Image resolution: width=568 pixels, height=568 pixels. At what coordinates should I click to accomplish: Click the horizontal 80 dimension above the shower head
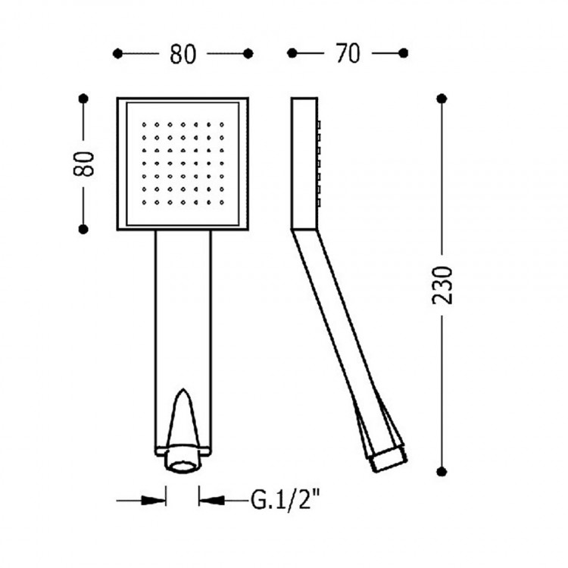click(x=183, y=55)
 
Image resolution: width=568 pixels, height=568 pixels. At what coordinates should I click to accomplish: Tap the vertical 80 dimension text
click(x=83, y=164)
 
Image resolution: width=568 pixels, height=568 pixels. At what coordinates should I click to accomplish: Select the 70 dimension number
click(x=348, y=54)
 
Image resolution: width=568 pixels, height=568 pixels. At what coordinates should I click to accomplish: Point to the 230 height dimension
click(x=443, y=285)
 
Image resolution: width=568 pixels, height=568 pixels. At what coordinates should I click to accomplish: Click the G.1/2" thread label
click(x=286, y=500)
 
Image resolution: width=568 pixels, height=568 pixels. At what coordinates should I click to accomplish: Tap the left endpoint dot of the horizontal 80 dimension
click(x=117, y=54)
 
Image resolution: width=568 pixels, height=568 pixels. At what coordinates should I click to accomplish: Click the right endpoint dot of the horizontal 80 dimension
click(x=248, y=54)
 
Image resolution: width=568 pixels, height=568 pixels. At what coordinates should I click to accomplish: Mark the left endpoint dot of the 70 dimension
click(x=292, y=53)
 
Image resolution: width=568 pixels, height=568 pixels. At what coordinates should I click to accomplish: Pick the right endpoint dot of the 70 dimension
click(x=403, y=53)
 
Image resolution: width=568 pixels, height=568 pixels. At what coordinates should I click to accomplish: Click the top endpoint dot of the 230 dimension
click(x=442, y=98)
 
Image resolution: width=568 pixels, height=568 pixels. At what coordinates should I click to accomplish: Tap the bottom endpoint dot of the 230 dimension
click(x=442, y=471)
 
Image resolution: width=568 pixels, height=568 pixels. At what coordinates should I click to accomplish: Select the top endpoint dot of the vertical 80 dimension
click(x=83, y=98)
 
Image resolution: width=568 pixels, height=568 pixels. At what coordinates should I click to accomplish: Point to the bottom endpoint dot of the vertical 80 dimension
click(x=83, y=229)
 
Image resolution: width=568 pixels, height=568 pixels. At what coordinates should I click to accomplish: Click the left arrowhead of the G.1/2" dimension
click(x=154, y=501)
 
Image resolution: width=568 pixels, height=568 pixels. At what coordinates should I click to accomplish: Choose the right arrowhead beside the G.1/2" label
click(x=211, y=501)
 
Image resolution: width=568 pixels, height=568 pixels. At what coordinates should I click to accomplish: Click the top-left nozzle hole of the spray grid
click(x=144, y=125)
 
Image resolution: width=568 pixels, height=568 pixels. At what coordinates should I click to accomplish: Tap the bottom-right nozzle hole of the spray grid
click(x=222, y=202)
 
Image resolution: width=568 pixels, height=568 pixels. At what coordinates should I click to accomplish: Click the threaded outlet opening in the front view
click(x=183, y=466)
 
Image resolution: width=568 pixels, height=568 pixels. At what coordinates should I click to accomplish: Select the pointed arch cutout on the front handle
click(x=183, y=417)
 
